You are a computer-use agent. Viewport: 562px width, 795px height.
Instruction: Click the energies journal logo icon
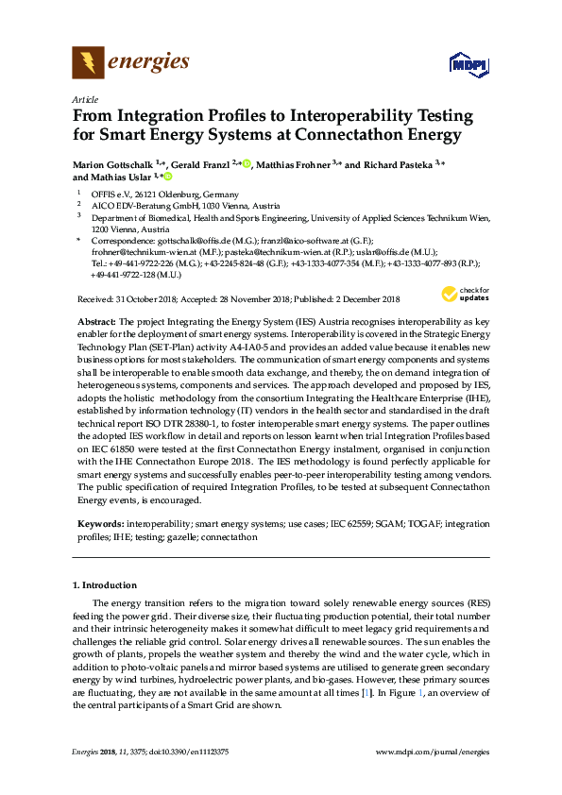(x=88, y=62)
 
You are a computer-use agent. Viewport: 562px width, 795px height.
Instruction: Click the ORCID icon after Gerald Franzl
(x=247, y=164)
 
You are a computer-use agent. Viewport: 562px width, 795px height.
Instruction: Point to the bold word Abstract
(x=92, y=322)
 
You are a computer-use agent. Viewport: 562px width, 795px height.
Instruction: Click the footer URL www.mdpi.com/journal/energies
(x=433, y=752)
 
